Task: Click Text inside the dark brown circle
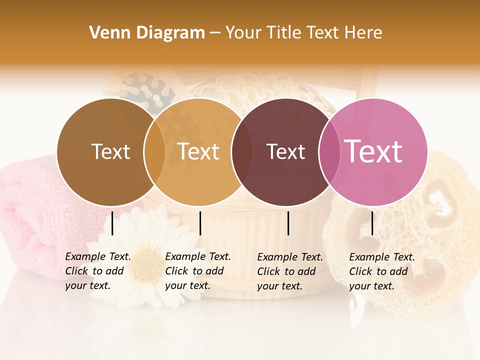[110, 151]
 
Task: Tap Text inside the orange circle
[198, 151]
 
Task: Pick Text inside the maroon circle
[285, 151]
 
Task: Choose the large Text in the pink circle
[373, 151]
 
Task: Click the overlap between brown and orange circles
[154, 151]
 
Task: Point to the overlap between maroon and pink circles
[328, 151]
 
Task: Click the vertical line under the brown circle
[112, 223]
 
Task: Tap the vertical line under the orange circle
[200, 223]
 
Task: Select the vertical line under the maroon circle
[288, 223]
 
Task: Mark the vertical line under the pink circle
[372, 223]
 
